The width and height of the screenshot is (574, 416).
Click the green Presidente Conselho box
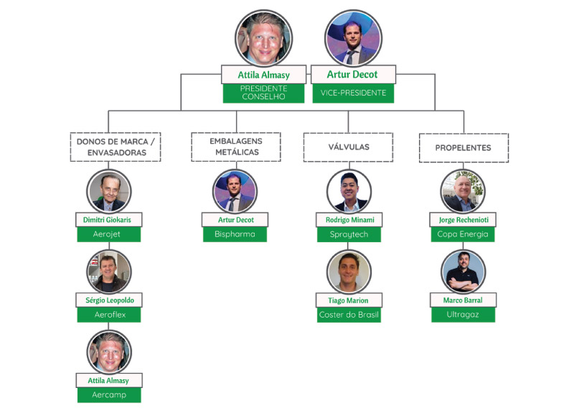(264, 93)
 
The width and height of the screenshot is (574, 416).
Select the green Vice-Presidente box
(352, 93)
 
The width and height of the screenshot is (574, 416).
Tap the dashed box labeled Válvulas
(348, 147)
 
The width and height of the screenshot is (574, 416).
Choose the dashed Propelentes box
(463, 147)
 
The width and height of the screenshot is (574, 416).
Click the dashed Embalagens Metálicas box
(235, 147)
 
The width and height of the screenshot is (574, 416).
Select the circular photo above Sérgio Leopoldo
(109, 271)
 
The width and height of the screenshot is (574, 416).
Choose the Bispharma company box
(235, 234)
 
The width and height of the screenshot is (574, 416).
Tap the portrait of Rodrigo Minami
(349, 191)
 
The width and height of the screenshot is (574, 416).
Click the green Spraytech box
(349, 234)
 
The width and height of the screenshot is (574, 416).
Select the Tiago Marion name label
(349, 300)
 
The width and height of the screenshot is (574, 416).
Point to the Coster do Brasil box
(349, 315)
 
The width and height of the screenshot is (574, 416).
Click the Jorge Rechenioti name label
(463, 219)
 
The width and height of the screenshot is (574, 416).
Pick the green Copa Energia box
(463, 234)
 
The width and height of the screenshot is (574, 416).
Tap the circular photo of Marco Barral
(463, 271)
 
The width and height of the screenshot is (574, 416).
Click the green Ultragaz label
(463, 315)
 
